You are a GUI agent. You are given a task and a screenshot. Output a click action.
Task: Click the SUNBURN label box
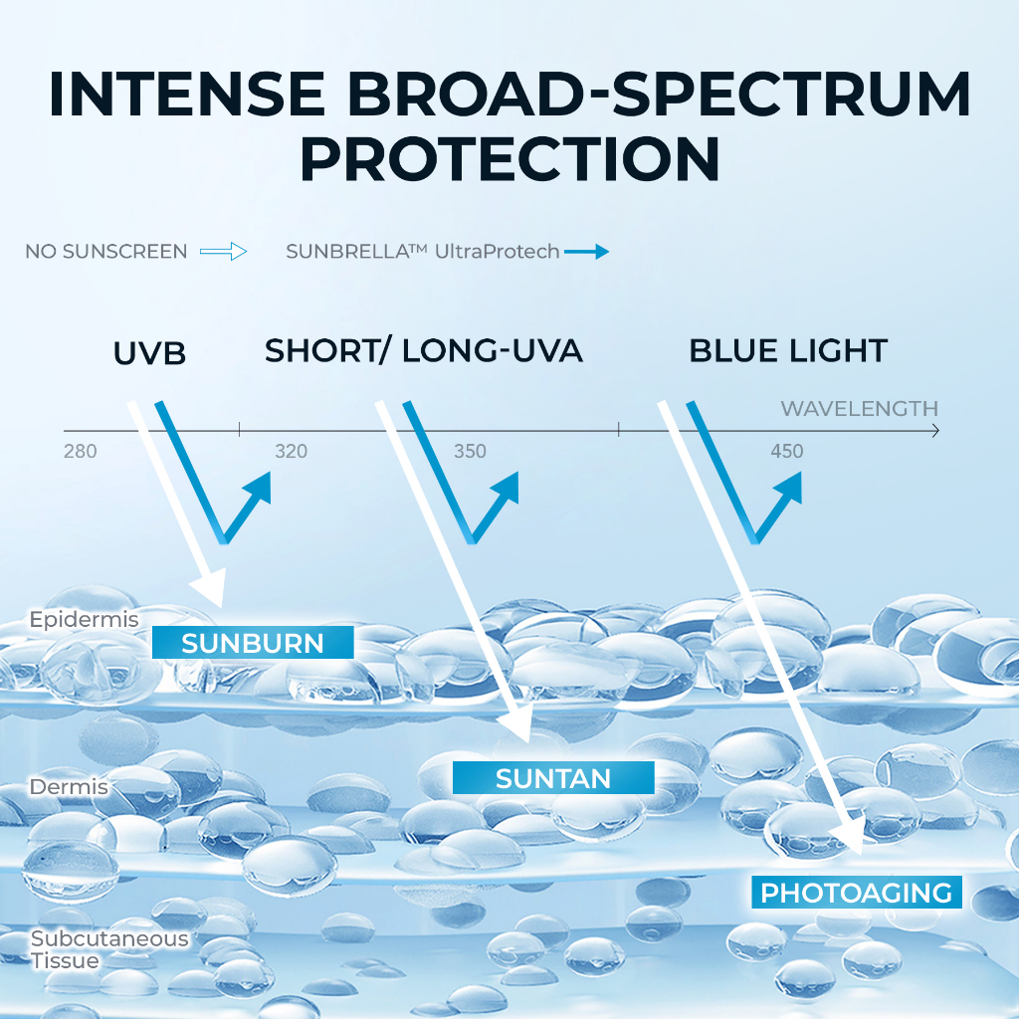(253, 642)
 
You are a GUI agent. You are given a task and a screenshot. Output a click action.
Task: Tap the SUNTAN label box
(553, 778)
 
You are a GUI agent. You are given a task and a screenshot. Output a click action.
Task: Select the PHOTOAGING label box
(857, 893)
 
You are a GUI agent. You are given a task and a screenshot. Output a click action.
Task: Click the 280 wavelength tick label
(80, 451)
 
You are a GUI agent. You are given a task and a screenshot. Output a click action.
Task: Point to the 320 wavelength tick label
(291, 451)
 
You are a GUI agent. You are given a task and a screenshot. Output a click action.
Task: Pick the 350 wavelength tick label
(470, 451)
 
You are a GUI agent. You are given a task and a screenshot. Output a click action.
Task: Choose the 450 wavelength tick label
(787, 451)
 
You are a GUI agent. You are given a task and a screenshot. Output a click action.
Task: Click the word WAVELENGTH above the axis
(859, 408)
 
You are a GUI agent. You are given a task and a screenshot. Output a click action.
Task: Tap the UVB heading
(149, 353)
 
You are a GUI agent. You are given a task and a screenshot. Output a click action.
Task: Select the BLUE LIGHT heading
(788, 351)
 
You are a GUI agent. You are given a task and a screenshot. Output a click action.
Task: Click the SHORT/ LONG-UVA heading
(424, 351)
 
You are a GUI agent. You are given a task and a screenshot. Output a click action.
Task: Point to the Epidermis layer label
(84, 619)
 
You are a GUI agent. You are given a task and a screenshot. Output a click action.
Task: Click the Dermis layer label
(69, 787)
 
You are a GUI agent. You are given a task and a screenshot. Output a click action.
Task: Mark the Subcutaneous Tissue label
(109, 949)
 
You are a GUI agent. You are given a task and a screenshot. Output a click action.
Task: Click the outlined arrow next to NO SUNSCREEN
(224, 252)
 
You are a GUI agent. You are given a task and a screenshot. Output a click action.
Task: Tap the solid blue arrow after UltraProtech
(586, 252)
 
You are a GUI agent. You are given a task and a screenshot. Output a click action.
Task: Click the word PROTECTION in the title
(509, 159)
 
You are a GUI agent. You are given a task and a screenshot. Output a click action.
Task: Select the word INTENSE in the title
(187, 95)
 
